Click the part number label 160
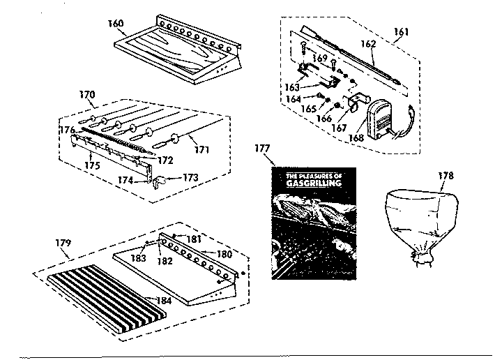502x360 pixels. pyautogui.click(x=116, y=23)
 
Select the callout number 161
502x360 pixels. pyautogui.click(x=402, y=31)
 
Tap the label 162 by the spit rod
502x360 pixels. pyautogui.click(x=368, y=43)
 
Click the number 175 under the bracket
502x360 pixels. pyautogui.click(x=93, y=165)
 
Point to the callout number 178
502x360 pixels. pyautogui.click(x=446, y=175)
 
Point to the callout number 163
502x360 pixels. pyautogui.click(x=293, y=87)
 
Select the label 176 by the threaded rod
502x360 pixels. pyautogui.click(x=66, y=129)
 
